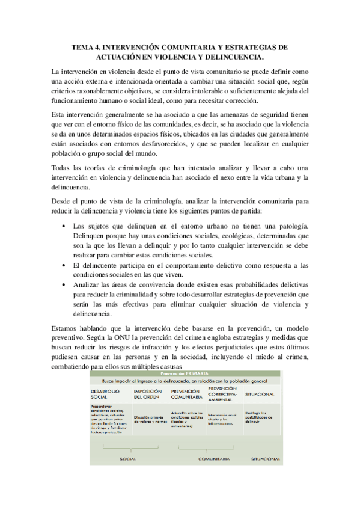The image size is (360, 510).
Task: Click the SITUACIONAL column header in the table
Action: [260, 394]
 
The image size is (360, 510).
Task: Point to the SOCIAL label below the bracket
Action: [127, 458]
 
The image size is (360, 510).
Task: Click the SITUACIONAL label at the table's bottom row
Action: [266, 458]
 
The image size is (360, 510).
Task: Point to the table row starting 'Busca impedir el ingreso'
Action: [186, 381]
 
